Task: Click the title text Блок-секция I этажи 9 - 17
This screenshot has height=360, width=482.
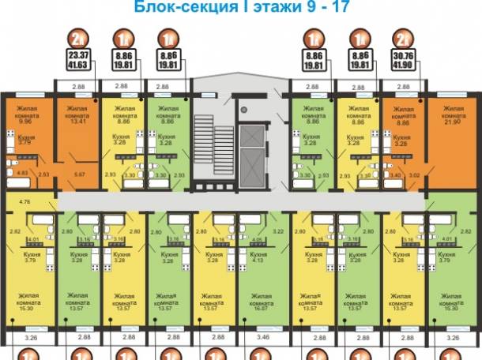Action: tap(240, 10)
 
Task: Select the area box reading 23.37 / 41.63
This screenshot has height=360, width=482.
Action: tap(78, 61)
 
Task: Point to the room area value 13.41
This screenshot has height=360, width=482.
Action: tap(78, 122)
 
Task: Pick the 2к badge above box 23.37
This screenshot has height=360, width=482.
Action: tap(77, 37)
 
